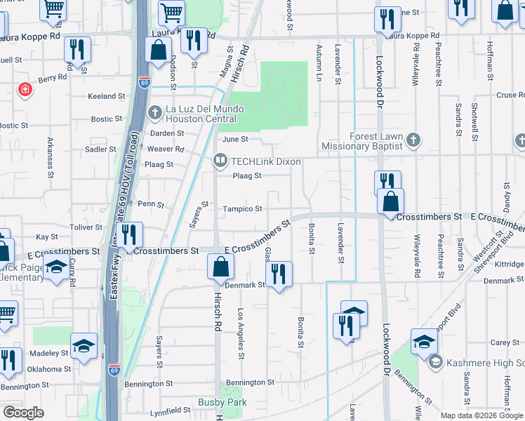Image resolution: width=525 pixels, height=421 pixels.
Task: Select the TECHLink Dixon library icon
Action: (x=220, y=161)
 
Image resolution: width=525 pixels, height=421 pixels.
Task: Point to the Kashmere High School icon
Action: (x=434, y=362)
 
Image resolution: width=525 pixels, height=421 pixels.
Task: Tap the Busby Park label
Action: (x=222, y=403)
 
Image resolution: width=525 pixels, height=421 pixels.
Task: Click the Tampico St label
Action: (x=243, y=209)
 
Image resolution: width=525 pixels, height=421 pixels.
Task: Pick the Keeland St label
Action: (x=106, y=96)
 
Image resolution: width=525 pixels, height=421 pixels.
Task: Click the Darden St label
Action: (x=166, y=133)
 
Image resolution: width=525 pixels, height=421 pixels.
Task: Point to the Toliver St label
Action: (x=86, y=227)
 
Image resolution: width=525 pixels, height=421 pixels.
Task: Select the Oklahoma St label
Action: (x=49, y=368)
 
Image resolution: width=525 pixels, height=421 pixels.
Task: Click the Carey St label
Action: (x=505, y=342)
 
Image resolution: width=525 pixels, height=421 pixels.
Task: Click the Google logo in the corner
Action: (x=23, y=413)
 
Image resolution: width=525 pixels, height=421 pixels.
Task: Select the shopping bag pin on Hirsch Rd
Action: (x=221, y=267)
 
